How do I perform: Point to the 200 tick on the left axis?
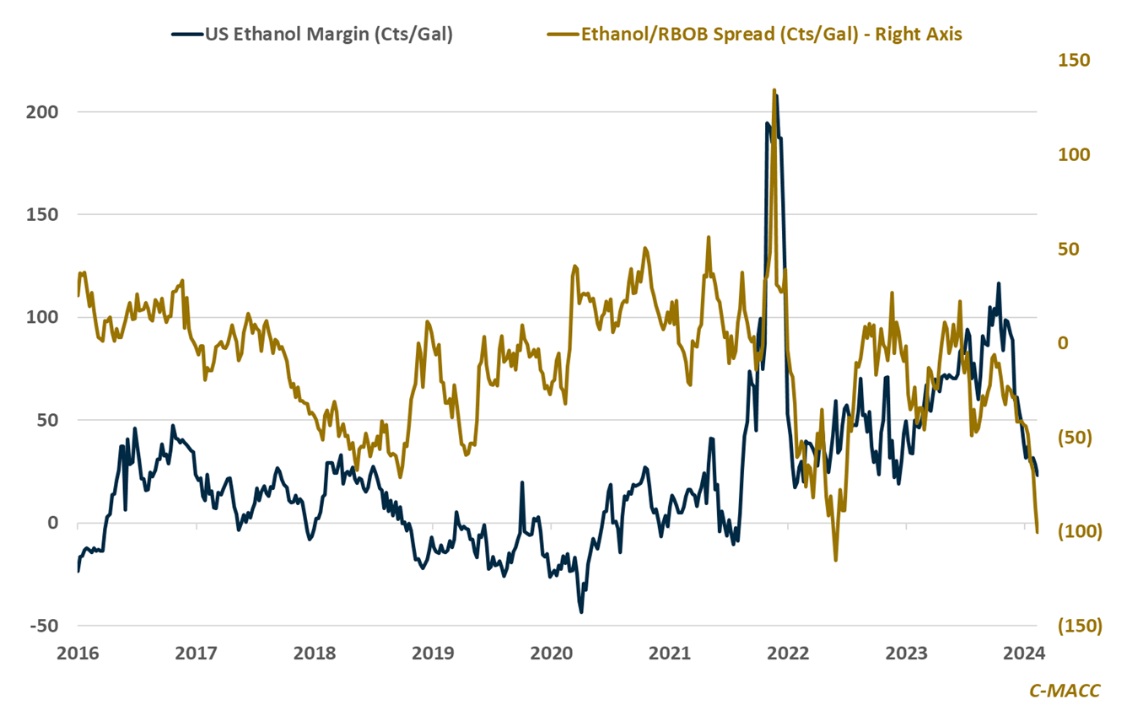pos(44,112)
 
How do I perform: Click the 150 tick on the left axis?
pos(44,214)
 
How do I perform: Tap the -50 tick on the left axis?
pos(44,626)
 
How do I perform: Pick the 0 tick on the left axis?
pos(52,523)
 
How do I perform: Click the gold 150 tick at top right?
pos(1075,61)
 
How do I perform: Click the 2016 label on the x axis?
pos(78,653)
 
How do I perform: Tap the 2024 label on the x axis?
pos(1024,653)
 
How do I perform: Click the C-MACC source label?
pos(1065,691)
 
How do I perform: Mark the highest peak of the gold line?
pos(774,89)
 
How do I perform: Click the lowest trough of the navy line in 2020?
pos(581,612)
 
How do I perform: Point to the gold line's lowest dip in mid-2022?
pos(836,560)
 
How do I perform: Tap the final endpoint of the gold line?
pos(1037,531)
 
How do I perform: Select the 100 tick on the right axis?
pos(1075,155)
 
